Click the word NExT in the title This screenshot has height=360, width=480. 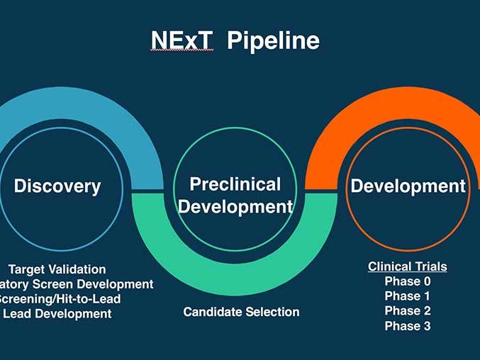tap(182, 40)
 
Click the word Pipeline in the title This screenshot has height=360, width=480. tap(273, 41)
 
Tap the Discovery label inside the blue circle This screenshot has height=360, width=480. tap(57, 186)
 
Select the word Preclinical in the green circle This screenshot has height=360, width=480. tap(235, 185)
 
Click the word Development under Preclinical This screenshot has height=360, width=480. tap(235, 207)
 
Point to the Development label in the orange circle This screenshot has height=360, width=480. tap(408, 186)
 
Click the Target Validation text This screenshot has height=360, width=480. tap(57, 269)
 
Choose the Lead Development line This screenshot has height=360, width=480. tap(57, 313)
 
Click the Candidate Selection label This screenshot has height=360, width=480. tap(241, 312)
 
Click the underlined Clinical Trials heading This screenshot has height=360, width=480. tap(407, 267)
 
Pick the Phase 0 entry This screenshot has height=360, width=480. tap(407, 281)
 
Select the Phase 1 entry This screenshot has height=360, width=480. tap(407, 296)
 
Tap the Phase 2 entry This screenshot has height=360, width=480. tap(407, 311)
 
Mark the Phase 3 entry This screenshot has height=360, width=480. tap(407, 326)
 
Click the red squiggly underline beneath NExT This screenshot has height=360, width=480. tap(182, 51)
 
